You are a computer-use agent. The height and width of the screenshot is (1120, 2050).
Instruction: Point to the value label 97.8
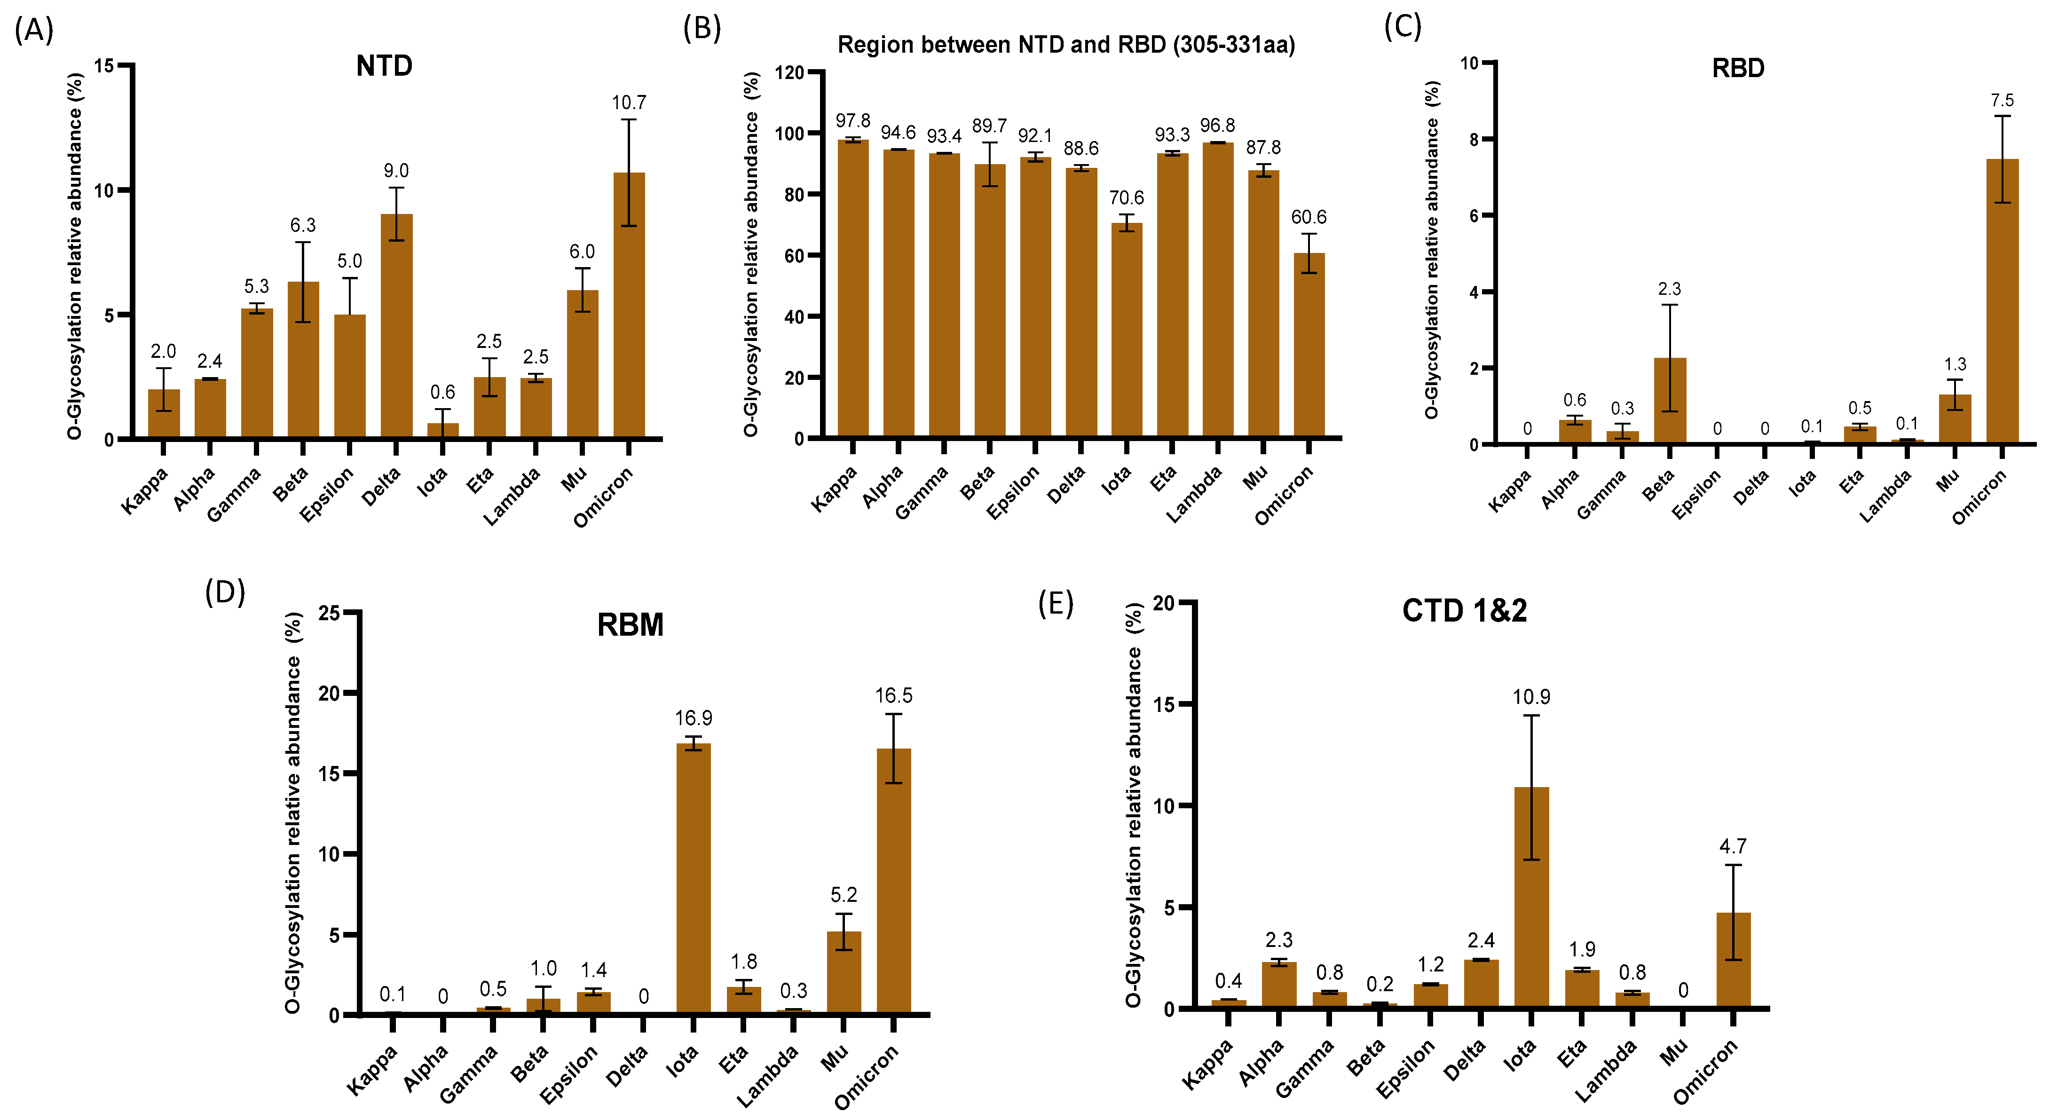click(x=853, y=121)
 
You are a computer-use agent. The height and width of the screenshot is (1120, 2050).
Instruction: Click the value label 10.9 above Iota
click(x=1531, y=697)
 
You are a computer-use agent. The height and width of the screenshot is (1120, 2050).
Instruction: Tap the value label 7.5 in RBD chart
click(x=2002, y=100)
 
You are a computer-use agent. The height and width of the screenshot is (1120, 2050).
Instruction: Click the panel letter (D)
click(x=225, y=592)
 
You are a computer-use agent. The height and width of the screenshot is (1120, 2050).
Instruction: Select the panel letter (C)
click(x=1402, y=26)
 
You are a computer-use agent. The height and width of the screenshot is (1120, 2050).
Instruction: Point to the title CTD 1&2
click(x=1464, y=611)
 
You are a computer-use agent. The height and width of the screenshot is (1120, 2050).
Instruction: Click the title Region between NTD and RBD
click(x=1066, y=45)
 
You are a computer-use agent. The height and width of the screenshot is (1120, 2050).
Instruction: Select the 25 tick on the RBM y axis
click(x=329, y=613)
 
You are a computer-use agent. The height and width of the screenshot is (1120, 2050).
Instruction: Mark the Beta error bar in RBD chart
click(x=1670, y=358)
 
